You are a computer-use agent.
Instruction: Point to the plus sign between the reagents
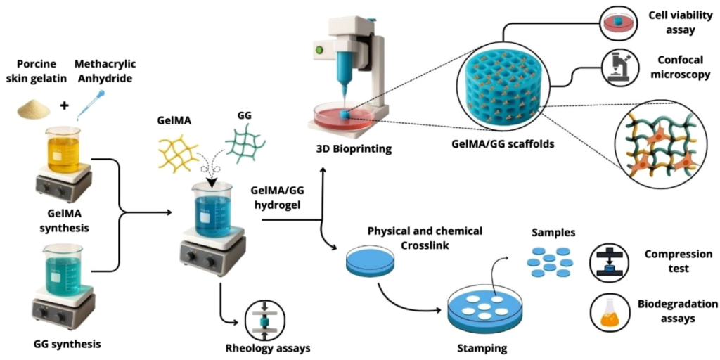[x=65, y=107]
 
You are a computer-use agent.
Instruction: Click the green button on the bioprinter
[x=319, y=50]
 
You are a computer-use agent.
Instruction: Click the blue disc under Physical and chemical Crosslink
[x=371, y=261]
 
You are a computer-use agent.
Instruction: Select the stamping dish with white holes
[x=484, y=310]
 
